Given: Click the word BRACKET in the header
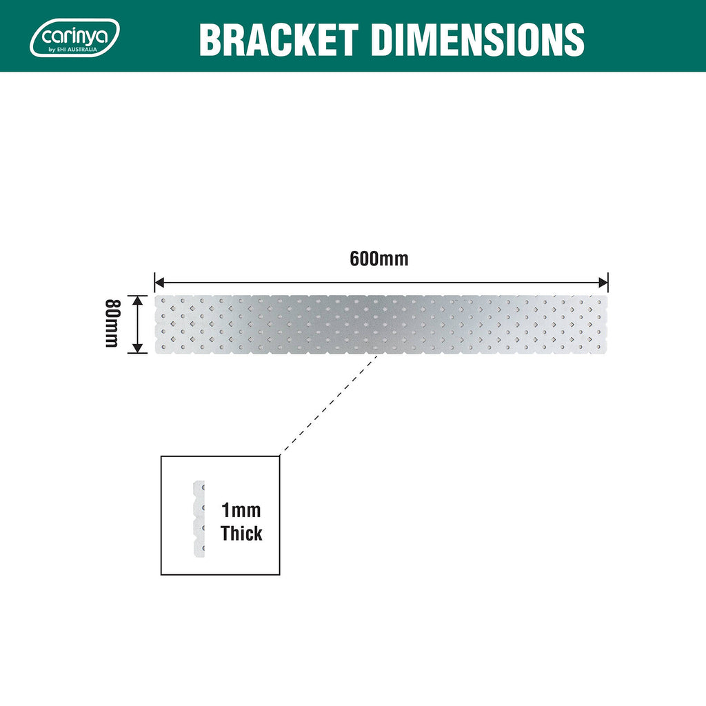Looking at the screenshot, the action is pos(279,40).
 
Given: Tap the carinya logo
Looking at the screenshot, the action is pos(74,38).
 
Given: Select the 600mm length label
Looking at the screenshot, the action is pos(379,259).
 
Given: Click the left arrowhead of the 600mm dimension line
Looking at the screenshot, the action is pos(159,283).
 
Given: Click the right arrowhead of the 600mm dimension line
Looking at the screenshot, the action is pos(603,283).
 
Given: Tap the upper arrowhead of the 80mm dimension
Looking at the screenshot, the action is pos(138,301).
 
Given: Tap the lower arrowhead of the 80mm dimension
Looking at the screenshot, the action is pos(138,348).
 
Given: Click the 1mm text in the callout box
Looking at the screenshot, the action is pos(241,510).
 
